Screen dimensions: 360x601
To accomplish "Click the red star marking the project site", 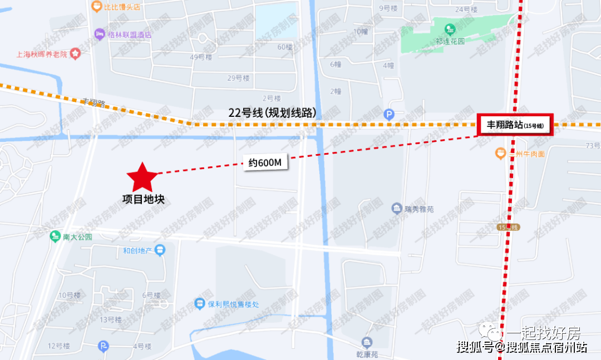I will click(142, 177).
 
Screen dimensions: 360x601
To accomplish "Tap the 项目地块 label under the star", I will click(144, 199).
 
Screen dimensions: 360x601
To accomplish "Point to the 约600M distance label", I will click(264, 163).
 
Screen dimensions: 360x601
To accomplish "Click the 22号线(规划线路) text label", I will click(272, 113).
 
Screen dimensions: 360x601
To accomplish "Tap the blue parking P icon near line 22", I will click(390, 115).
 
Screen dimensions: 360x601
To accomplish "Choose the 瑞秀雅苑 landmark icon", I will click(396, 209).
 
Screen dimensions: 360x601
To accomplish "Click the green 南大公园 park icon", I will click(55, 236).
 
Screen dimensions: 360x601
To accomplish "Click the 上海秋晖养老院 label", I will click(42, 55).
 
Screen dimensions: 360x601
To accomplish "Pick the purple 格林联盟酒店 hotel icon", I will click(100, 34).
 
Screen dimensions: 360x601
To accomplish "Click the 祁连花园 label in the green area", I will click(450, 41).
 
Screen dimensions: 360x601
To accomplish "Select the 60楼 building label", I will click(285, 47).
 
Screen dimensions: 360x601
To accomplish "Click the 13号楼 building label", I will click(110, 319).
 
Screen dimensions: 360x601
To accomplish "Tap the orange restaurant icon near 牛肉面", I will click(500, 153).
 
